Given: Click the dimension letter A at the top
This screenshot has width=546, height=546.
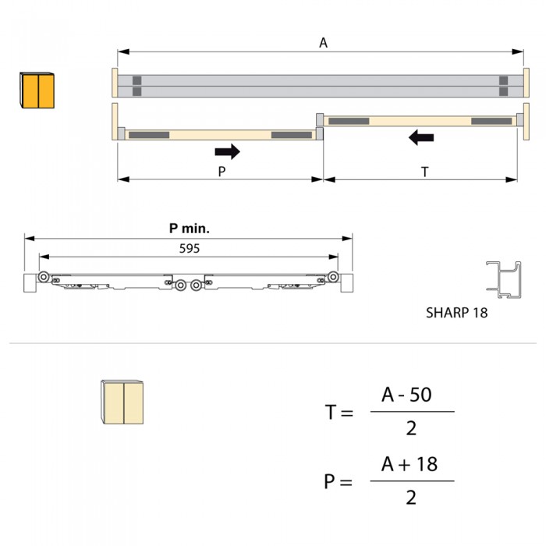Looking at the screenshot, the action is pos(323,43).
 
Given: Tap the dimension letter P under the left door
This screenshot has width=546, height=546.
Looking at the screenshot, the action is pos(222,172).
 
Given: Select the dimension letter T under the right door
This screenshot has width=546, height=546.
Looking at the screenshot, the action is pos(424,172).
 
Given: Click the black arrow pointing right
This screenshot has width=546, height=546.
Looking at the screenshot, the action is pos(228,151).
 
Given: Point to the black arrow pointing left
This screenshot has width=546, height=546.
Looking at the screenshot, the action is pos(421,137).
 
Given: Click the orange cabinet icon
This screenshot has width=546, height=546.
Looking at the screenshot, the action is pos(37,90).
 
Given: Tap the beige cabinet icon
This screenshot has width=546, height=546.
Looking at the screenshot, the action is pos(122,402).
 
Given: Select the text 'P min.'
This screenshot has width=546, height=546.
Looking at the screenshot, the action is pos(190,229).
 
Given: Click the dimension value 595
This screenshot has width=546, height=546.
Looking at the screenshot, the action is pos(190,249).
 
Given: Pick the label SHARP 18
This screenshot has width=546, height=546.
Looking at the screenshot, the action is pos(456,313).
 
